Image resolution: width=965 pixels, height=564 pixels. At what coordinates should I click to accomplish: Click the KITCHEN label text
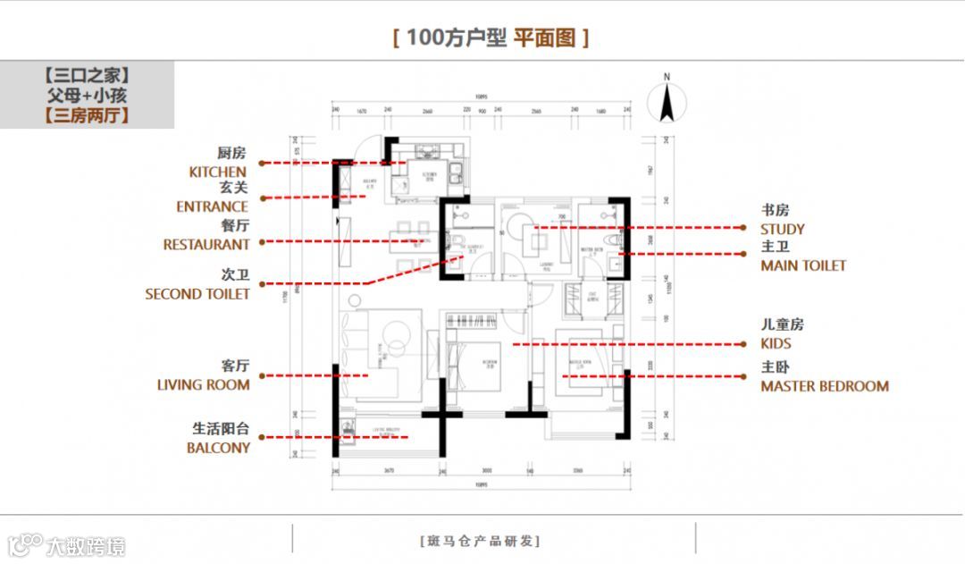[x=217, y=172]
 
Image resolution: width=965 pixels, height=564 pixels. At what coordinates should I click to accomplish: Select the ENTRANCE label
[x=213, y=206]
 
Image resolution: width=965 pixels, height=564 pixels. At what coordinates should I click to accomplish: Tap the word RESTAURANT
[x=206, y=244]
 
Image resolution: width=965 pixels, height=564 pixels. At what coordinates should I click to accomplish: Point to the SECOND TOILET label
[x=197, y=293]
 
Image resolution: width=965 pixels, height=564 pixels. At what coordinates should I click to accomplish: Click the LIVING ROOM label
[x=204, y=384]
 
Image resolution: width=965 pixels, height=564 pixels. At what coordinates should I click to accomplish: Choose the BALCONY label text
[x=218, y=448]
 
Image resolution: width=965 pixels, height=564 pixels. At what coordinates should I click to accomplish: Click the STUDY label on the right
[x=783, y=229]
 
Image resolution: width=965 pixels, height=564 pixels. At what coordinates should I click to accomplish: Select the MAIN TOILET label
[x=803, y=265]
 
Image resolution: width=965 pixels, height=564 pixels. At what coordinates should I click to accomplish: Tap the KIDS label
[x=776, y=343]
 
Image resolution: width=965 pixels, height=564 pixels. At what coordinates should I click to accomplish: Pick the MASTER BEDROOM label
[x=825, y=386]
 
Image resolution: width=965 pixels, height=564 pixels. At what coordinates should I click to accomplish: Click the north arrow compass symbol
[x=667, y=103]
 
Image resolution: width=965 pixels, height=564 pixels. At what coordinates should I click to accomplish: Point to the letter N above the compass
[x=667, y=78]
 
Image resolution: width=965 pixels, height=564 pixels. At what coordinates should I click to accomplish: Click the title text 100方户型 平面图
[x=491, y=38]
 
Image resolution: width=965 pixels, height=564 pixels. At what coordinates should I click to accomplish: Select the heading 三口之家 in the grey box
[x=87, y=75]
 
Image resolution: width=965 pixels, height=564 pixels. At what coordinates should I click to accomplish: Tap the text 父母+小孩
[x=87, y=95]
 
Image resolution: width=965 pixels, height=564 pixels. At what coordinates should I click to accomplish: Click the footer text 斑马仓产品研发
[x=480, y=540]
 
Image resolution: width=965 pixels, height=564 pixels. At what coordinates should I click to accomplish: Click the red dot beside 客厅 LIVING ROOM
[x=261, y=376]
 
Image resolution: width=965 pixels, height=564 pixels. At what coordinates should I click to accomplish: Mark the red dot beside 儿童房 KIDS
[x=745, y=344]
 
